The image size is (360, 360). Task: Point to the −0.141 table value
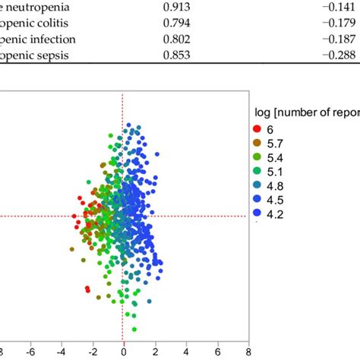pyautogui.click(x=338, y=7)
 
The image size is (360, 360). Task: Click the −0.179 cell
pyautogui.click(x=338, y=23)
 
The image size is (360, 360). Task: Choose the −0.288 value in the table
pyautogui.click(x=338, y=55)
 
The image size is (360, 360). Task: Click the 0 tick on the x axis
pyautogui.click(x=123, y=352)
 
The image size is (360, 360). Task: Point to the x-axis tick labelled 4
pyautogui.click(x=186, y=352)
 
